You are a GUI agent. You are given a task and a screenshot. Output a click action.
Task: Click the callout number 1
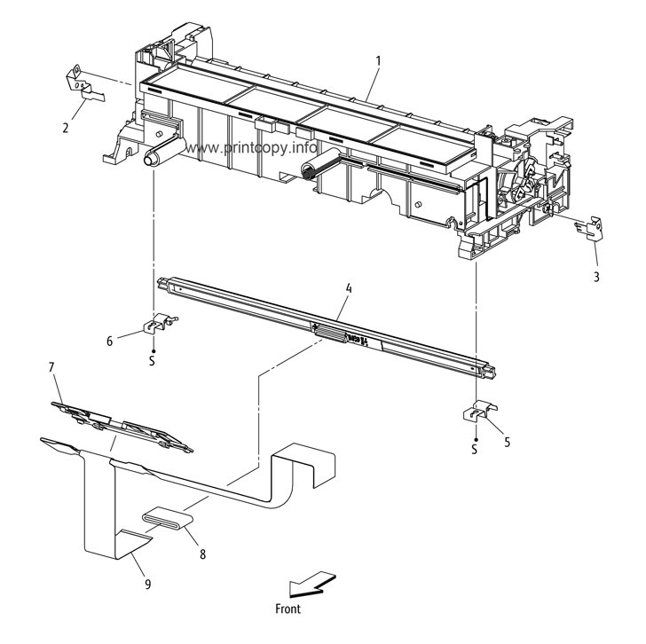[x=378, y=61]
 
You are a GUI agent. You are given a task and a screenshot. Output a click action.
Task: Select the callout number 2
[x=66, y=128]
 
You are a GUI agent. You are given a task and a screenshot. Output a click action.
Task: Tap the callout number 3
[x=596, y=277]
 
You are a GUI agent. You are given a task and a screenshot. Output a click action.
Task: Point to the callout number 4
[x=349, y=288]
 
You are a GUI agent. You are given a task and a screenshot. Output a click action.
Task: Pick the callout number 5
[x=507, y=442]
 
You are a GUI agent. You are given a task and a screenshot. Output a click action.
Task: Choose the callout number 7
[x=51, y=366]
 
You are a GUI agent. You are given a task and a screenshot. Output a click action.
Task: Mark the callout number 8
[x=202, y=554]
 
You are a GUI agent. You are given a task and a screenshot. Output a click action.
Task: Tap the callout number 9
[x=147, y=584]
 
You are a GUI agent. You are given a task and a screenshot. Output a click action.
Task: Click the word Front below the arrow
[x=288, y=609]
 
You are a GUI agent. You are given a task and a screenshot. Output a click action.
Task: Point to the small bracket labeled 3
[x=588, y=228]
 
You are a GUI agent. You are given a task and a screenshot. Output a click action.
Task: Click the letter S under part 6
[x=152, y=361]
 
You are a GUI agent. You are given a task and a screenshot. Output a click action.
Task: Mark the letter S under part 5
[x=475, y=450]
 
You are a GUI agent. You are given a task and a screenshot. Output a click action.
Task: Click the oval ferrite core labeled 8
[x=169, y=518]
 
